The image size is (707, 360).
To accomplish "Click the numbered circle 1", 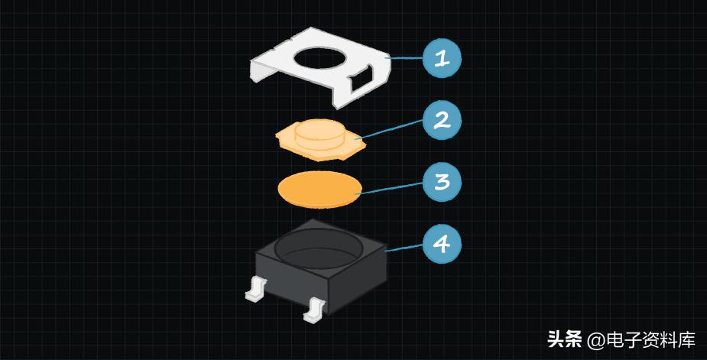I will point(443,58).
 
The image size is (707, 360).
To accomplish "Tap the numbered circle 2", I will point(443,120).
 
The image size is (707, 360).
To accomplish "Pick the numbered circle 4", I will point(443,245).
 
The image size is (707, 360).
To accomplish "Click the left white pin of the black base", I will point(254,289).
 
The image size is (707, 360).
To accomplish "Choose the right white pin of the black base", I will point(313,309).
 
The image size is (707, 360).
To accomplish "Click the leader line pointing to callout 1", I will point(405,58).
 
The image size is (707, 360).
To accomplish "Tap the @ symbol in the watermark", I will point(595,339).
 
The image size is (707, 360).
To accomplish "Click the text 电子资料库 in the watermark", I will point(650,339).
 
